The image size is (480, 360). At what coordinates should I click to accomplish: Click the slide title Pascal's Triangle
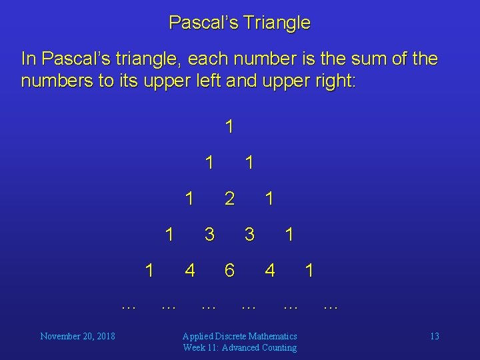coord(239,23)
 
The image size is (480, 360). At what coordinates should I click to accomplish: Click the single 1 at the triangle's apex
coord(229,126)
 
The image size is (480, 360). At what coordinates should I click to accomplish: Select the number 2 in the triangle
coord(229,198)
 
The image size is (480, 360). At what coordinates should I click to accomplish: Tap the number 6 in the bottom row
coord(229,270)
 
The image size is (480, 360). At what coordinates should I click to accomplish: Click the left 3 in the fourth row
coord(209,234)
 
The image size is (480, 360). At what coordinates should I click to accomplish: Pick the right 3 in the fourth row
coord(249,234)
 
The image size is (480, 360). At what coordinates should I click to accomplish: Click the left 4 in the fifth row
coord(190,270)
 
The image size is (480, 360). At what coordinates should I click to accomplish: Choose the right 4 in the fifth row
coord(269,270)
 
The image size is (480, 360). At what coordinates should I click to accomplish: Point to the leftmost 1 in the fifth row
coord(150,270)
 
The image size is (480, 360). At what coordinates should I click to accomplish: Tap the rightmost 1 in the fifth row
coord(309,270)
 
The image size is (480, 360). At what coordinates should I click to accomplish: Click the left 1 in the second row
coord(209,162)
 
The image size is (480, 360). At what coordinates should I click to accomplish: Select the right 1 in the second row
coord(249,162)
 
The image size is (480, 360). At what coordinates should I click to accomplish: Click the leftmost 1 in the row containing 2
coord(190,198)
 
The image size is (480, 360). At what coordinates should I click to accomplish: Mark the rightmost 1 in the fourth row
coord(289,234)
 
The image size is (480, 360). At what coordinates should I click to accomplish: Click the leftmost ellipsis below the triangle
coord(129,307)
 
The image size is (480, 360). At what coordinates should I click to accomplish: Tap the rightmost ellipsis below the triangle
coord(331,307)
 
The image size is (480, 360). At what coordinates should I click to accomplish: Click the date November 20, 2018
coord(77,336)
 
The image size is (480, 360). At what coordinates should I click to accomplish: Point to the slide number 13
coord(434,336)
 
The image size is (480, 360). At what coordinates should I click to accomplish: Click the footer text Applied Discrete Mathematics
coord(240,336)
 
